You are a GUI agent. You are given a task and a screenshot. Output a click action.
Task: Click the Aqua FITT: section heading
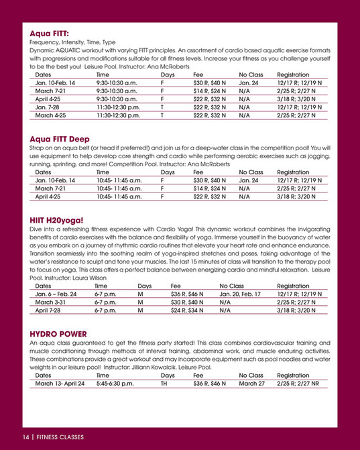[50, 32]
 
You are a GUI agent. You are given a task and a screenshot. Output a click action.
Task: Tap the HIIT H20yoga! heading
[57, 219]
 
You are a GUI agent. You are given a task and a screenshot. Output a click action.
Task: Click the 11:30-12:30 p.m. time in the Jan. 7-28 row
[118, 106]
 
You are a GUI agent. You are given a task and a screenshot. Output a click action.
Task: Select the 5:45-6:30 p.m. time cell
[115, 384]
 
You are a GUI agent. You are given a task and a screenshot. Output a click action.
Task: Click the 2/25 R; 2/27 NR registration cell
[299, 384]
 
